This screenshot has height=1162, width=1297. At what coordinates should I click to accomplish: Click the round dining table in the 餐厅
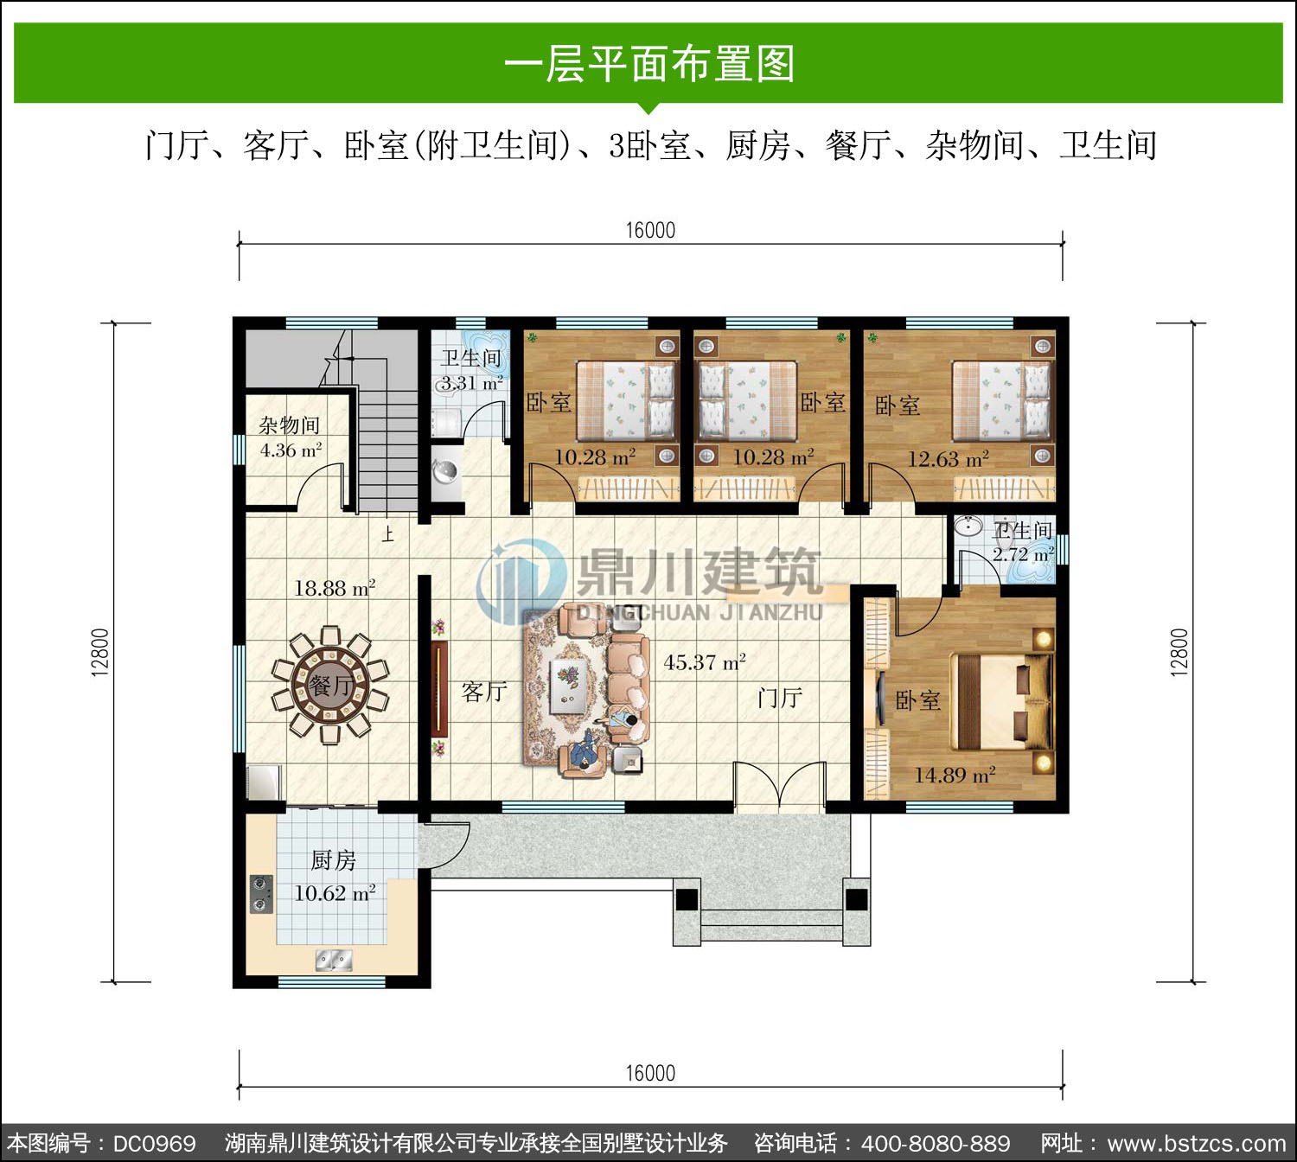tap(329, 685)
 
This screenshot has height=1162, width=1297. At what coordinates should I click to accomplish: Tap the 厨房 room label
tap(333, 859)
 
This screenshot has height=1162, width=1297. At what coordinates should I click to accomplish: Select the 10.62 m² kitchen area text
tap(335, 892)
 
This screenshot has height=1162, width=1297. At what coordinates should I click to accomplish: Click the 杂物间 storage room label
tap(290, 425)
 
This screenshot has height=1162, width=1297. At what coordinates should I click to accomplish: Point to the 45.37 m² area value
tap(704, 662)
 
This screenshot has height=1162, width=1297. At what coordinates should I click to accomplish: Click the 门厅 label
tap(779, 697)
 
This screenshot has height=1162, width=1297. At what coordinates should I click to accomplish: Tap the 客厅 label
tap(484, 692)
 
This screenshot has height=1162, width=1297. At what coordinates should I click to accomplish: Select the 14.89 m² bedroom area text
tap(955, 776)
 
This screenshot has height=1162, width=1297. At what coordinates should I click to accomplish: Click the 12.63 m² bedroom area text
tap(948, 458)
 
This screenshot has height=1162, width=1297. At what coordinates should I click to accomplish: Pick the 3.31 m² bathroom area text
tap(471, 383)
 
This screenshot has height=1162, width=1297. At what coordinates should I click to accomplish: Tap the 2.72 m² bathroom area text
tap(1023, 554)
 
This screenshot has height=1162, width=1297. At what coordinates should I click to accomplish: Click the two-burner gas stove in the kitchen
tap(260, 894)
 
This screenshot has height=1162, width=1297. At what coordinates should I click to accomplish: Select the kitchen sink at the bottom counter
tap(334, 961)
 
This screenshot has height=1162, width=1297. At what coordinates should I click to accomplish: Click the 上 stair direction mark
tap(388, 534)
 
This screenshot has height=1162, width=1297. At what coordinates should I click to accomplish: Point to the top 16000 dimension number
tap(650, 230)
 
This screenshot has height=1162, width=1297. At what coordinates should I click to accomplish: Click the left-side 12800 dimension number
tap(100, 653)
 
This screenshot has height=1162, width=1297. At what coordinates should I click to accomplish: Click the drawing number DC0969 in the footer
tap(154, 1144)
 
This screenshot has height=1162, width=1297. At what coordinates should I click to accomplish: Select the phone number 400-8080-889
tap(936, 1144)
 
